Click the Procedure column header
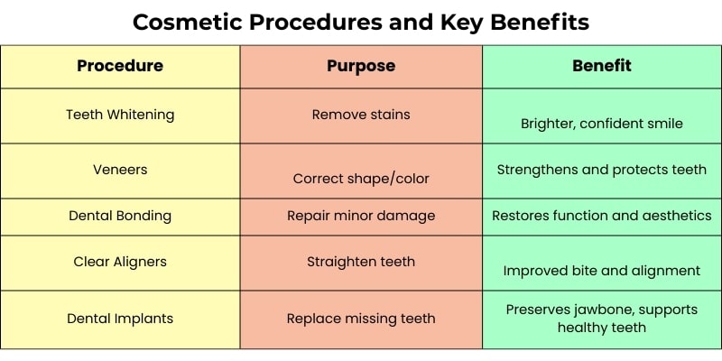pyautogui.click(x=120, y=66)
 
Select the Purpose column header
pyautogui.click(x=361, y=66)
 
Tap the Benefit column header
pyautogui.click(x=602, y=65)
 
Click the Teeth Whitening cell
pyautogui.click(x=120, y=115)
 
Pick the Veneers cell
pyautogui.click(x=120, y=170)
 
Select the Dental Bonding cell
pyautogui.click(x=120, y=216)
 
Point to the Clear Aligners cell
pyautogui.click(x=120, y=262)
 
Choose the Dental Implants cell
pyautogui.click(x=120, y=319)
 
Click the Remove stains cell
pyautogui.click(x=361, y=115)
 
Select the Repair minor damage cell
pyautogui.click(x=361, y=216)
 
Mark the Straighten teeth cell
pyautogui.click(x=361, y=262)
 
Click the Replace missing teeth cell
pyautogui.click(x=361, y=319)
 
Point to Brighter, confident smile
pyautogui.click(x=602, y=124)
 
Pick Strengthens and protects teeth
pyautogui.click(x=602, y=170)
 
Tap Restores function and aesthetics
pyautogui.click(x=602, y=216)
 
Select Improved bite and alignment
pyautogui.click(x=602, y=271)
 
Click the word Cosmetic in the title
pyautogui.click(x=190, y=22)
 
